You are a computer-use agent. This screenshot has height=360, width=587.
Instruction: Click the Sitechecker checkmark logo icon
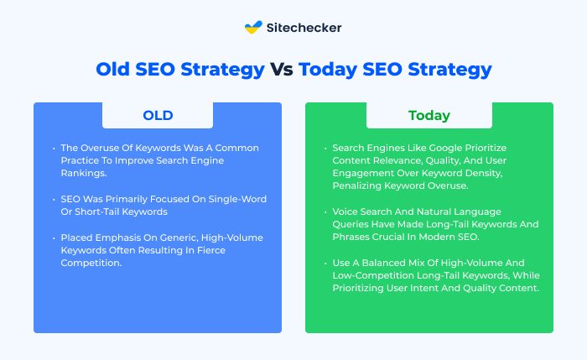pyautogui.click(x=253, y=27)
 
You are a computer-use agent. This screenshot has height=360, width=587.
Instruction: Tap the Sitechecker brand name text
pyautogui.click(x=304, y=28)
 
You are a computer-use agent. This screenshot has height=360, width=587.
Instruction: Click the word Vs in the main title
pyautogui.click(x=282, y=70)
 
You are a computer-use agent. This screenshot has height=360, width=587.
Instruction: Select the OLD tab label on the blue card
pyautogui.click(x=158, y=115)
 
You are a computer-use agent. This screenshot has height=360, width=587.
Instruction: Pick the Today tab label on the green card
pyautogui.click(x=429, y=115)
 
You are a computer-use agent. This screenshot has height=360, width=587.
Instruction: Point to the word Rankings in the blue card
pyautogui.click(x=84, y=173)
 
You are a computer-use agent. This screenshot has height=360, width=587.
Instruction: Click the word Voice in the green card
pyautogui.click(x=344, y=211)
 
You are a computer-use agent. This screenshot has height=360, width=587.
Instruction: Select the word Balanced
pyautogui.click(x=384, y=263)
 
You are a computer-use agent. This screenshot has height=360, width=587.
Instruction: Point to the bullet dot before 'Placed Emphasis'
pyautogui.click(x=54, y=237)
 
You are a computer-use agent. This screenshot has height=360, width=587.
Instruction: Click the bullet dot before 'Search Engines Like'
pyautogui.click(x=325, y=149)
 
